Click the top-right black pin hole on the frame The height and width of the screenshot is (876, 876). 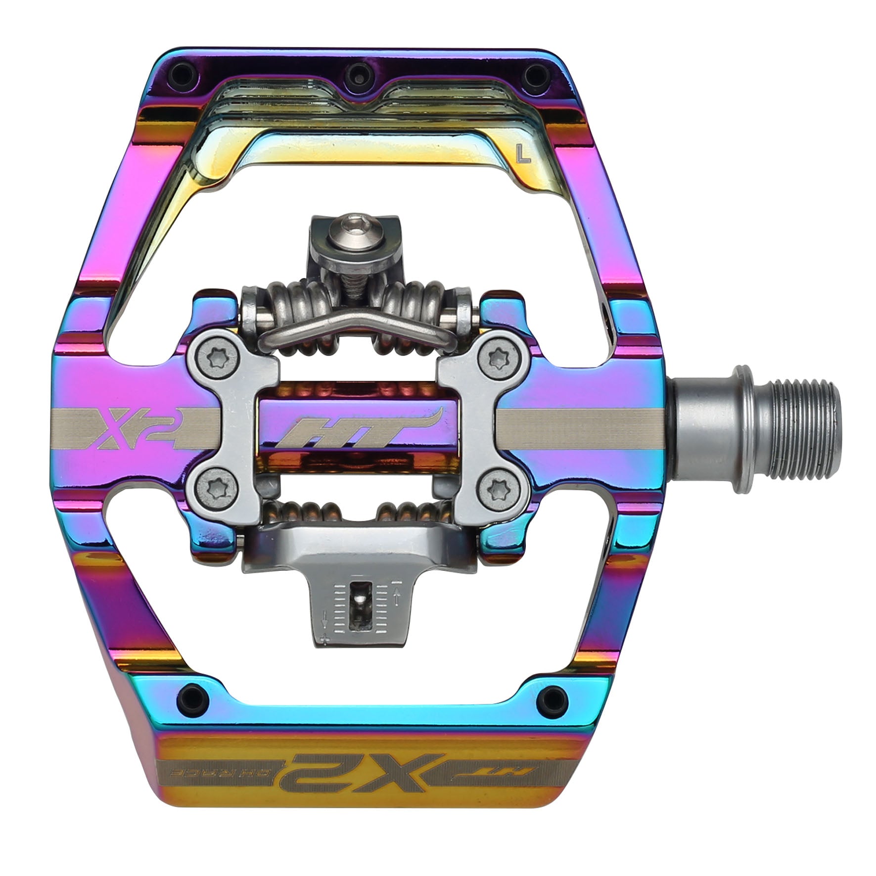(530, 73)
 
